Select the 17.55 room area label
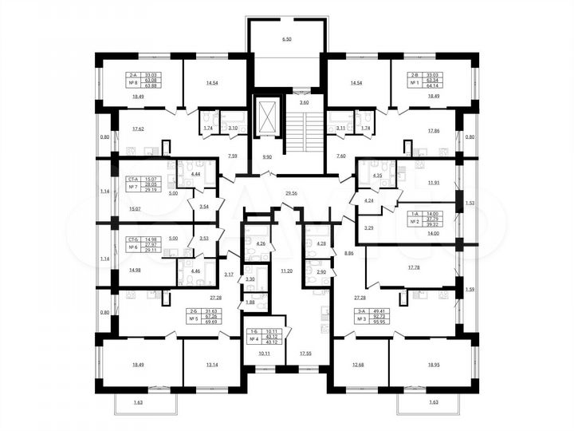click(306, 352)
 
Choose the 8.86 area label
click(349, 253)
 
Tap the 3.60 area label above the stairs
click(304, 103)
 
